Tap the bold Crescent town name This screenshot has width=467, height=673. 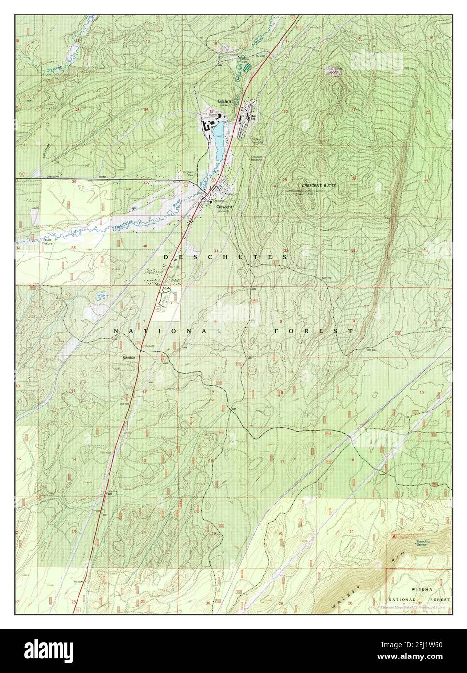coord(224,207)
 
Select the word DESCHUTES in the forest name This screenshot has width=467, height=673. coord(225,257)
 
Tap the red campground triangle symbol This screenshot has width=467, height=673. coord(394,536)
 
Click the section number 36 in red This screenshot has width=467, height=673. coord(145,246)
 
